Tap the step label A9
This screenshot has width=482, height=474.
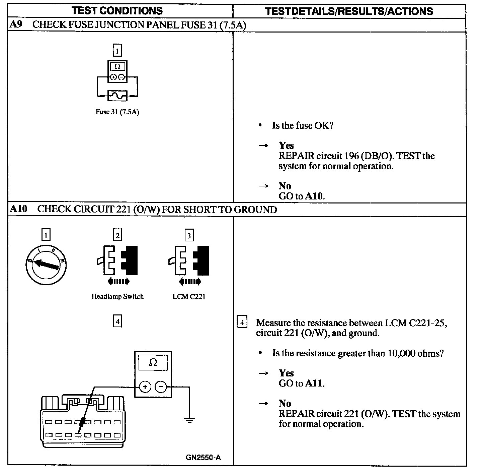(x=16, y=24)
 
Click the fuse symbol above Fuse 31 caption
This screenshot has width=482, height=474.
(x=117, y=96)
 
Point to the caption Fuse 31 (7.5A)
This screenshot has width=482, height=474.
(x=117, y=112)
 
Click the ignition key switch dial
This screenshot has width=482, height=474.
(x=46, y=265)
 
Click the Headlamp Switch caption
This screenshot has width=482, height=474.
(x=117, y=296)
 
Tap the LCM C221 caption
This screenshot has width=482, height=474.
(x=189, y=296)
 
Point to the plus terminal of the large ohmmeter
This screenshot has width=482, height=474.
(x=145, y=387)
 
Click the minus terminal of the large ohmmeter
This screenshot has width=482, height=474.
(x=161, y=387)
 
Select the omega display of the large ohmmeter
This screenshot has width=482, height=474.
(x=153, y=363)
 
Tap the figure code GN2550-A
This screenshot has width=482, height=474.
(x=203, y=457)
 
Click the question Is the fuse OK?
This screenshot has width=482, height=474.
(x=303, y=126)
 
